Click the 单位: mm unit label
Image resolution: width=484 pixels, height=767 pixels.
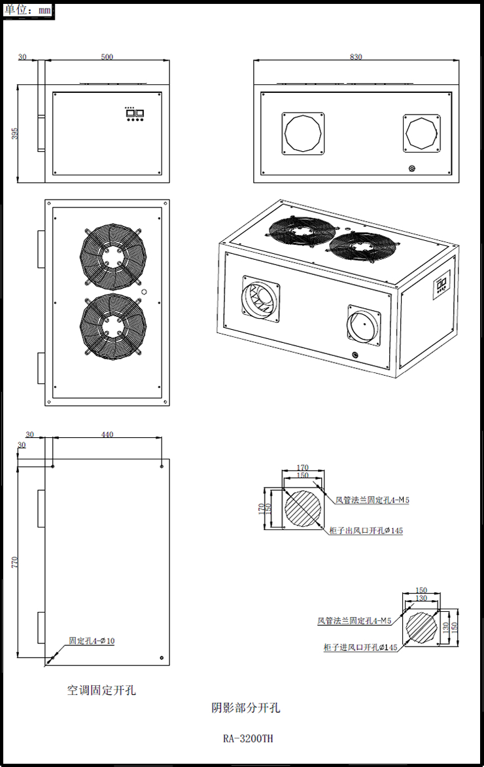27,10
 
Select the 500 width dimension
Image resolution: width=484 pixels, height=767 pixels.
107,57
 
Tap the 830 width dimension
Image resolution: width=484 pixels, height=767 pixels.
355,57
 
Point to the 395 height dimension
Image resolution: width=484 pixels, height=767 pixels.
15,134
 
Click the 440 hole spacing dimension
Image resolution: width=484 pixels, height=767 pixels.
107,435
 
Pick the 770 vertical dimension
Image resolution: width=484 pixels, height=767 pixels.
15,561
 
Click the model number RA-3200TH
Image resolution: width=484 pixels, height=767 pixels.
248,739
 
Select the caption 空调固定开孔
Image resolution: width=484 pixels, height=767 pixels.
101,690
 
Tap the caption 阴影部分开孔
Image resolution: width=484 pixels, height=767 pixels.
245,707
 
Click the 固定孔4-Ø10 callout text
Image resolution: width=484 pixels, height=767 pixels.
92,641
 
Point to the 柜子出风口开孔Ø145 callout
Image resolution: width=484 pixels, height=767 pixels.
365,531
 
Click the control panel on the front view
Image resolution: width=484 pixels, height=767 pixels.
135,114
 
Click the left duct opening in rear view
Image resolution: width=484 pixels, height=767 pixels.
303,134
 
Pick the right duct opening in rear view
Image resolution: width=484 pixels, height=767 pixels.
423,134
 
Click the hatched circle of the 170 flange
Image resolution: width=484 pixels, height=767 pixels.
303,508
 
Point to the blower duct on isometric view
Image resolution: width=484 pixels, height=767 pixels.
259,302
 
